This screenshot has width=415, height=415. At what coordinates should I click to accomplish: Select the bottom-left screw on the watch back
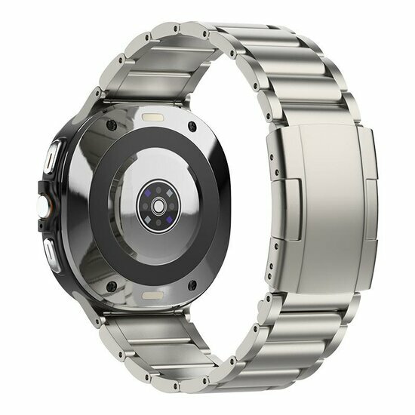(111, 284)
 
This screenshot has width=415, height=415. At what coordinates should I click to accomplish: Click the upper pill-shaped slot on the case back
(155, 118)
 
